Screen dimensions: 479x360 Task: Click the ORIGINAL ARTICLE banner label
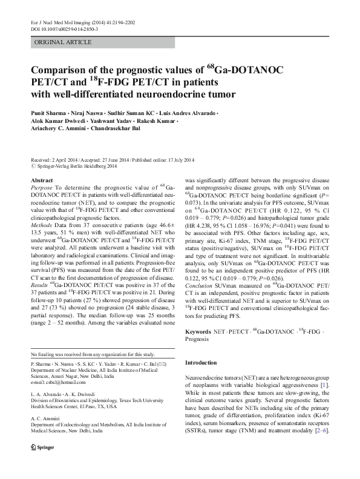(63, 42)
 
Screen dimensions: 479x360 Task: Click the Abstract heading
(41, 180)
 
